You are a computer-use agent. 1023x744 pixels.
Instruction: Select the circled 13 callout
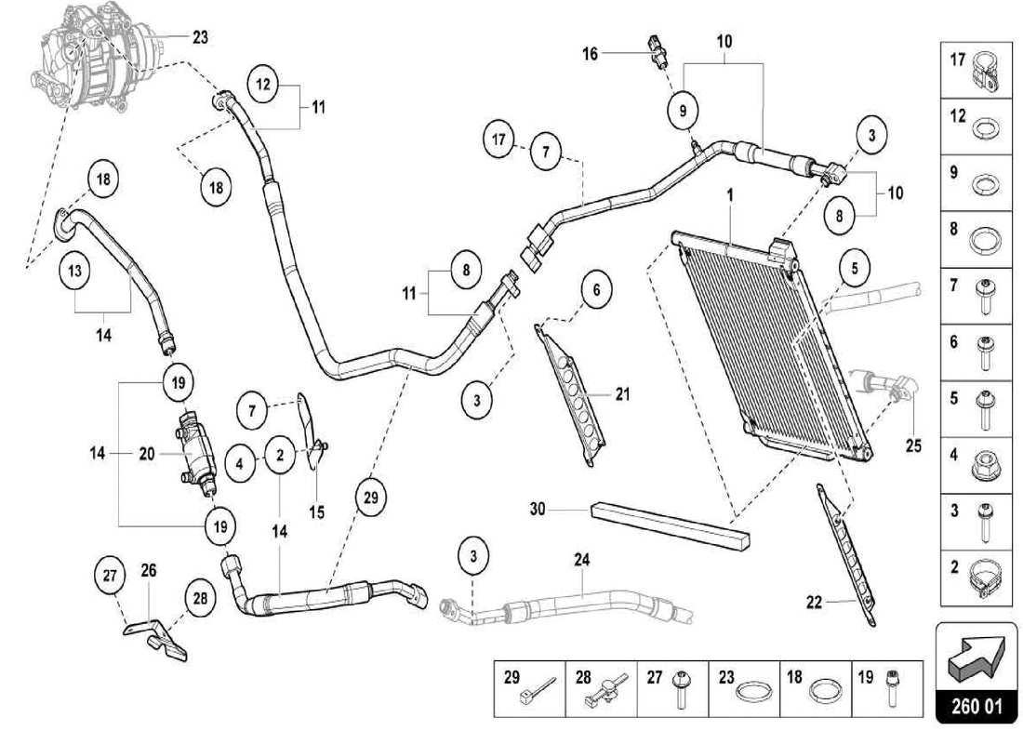75,272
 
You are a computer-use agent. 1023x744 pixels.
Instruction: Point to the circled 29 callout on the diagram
371,498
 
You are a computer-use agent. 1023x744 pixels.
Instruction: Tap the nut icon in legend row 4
984,465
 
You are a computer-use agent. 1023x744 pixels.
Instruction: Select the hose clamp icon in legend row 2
984,577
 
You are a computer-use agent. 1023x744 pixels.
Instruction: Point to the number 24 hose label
582,561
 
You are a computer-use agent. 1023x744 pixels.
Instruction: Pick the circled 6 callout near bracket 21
598,290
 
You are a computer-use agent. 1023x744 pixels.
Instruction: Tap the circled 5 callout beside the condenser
854,268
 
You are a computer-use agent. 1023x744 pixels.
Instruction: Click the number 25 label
913,445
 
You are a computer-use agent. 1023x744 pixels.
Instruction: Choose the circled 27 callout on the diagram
111,577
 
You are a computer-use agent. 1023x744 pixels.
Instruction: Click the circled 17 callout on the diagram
499,141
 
